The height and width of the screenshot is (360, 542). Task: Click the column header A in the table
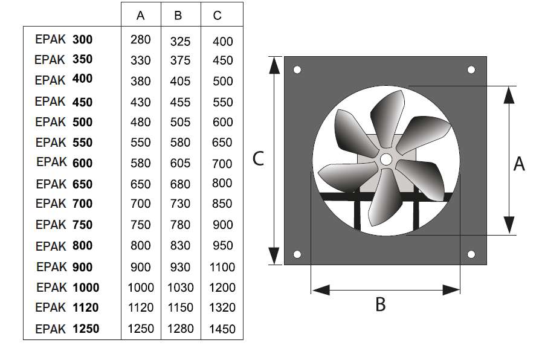pyautogui.click(x=140, y=16)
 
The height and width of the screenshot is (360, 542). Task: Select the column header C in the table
pyautogui.click(x=217, y=16)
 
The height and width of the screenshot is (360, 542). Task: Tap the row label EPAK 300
pyautogui.click(x=64, y=39)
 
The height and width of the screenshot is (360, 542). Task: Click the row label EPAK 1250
pyautogui.click(x=67, y=329)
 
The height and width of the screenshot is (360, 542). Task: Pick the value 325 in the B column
pyautogui.click(x=180, y=42)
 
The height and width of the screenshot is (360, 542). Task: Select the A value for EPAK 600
pyautogui.click(x=140, y=163)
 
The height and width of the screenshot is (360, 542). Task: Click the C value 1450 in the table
pyautogui.click(x=222, y=329)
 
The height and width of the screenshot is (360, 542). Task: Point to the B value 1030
pyautogui.click(x=181, y=288)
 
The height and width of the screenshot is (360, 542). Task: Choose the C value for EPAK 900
pyautogui.click(x=222, y=267)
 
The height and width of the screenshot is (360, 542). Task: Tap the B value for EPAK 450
pyautogui.click(x=180, y=102)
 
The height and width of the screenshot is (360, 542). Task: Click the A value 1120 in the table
pyautogui.click(x=141, y=307)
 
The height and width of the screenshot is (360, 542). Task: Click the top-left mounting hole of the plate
pyautogui.click(x=297, y=70)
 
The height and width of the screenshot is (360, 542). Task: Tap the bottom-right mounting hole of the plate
pyautogui.click(x=471, y=255)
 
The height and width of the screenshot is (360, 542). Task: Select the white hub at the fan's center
pyautogui.click(x=386, y=159)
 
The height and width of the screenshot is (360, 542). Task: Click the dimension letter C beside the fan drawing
pyautogui.click(x=258, y=159)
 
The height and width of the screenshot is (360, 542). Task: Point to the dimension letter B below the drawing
pyautogui.click(x=380, y=304)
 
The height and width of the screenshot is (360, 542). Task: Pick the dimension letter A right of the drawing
pyautogui.click(x=519, y=164)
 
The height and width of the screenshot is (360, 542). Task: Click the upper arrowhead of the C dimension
pyautogui.click(x=274, y=66)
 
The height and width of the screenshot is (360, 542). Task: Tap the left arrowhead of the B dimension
pyautogui.click(x=321, y=290)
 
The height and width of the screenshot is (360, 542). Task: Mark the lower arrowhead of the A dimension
pyautogui.click(x=509, y=225)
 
